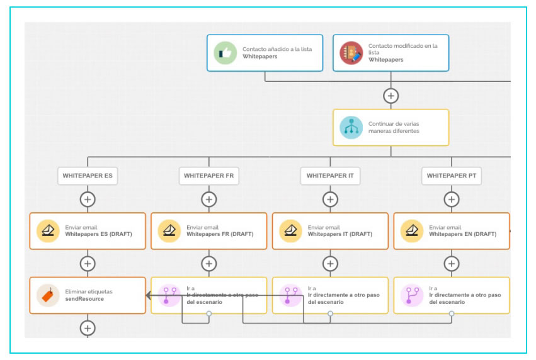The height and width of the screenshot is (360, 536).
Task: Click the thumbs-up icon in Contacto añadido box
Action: pos(224,53)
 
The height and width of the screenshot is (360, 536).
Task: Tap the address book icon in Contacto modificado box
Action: pos(351,53)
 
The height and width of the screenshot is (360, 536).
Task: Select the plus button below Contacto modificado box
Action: pos(391,96)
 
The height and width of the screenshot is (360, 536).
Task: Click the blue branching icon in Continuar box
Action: pos(351,127)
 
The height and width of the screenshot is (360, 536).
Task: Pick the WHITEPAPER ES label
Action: pos(88,176)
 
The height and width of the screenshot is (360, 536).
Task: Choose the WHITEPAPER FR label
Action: pos(208,176)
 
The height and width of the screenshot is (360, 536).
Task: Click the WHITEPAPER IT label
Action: pos(330,176)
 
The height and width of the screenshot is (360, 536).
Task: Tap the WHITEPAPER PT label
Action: pos(451,176)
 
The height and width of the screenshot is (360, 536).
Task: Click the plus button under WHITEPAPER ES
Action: pos(88,200)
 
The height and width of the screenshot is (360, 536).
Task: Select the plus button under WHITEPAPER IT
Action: pos(330,200)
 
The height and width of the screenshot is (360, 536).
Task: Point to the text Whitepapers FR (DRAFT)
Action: pos(220,234)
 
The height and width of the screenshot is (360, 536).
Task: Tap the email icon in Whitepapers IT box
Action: pos(290,231)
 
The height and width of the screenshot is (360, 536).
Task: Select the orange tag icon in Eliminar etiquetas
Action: pos(47,295)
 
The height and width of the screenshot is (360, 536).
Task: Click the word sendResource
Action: pos(84,299)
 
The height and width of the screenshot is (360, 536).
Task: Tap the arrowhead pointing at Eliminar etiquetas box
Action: pos(149,295)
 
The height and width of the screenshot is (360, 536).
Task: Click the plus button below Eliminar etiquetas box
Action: pos(88,328)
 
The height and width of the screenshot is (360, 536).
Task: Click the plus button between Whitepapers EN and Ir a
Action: pos(451,264)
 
